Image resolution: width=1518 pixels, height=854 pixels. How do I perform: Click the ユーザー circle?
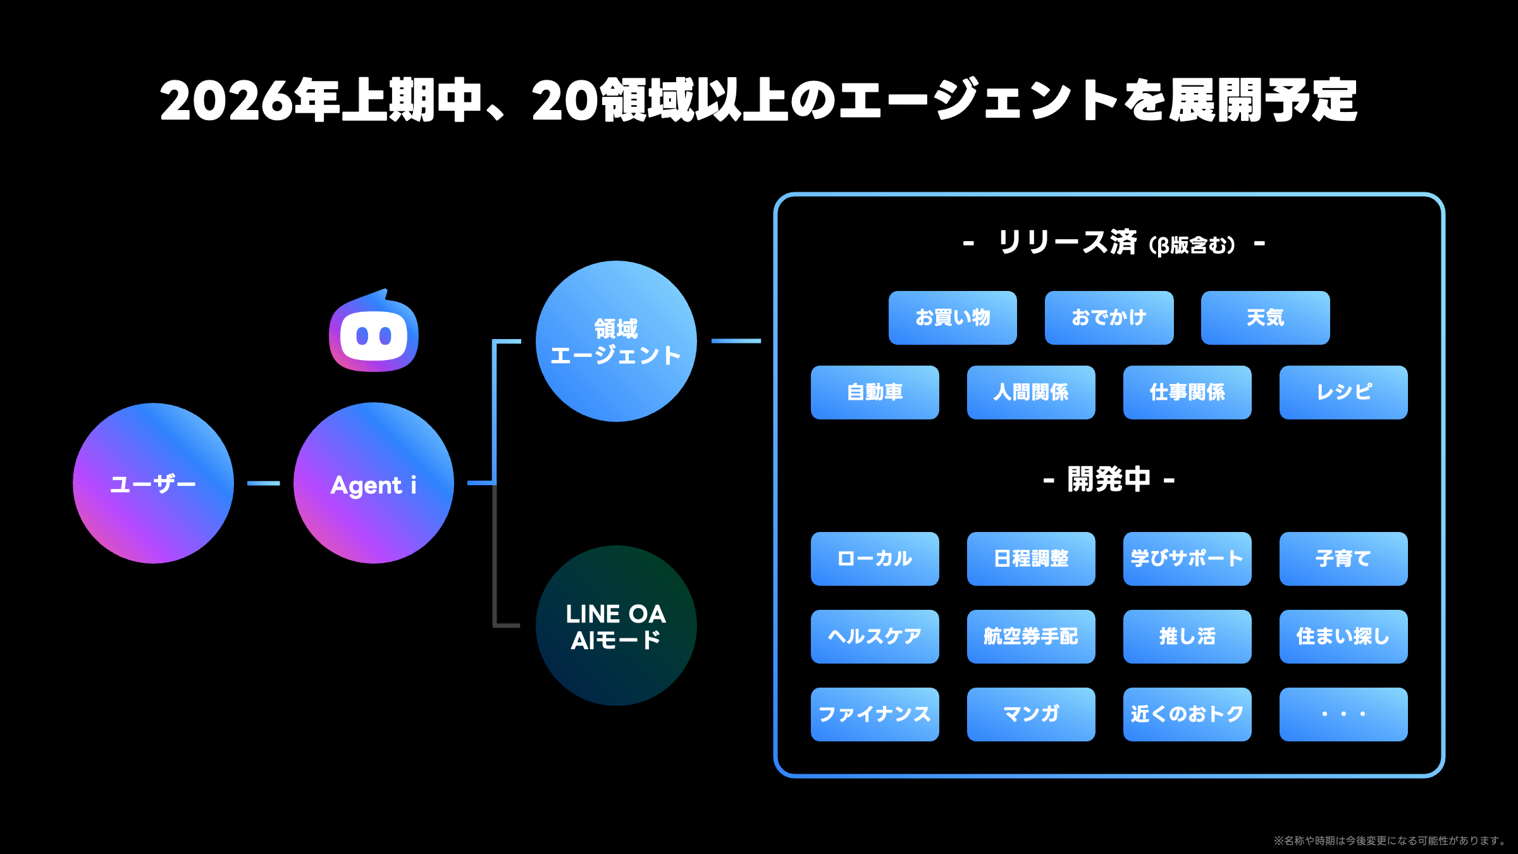pyautogui.click(x=153, y=483)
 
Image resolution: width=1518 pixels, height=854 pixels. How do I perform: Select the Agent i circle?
pyautogui.click(x=373, y=483)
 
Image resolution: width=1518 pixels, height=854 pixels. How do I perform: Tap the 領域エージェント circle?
pyautogui.click(x=616, y=342)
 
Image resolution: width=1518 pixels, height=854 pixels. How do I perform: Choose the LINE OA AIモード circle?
pyautogui.click(x=616, y=626)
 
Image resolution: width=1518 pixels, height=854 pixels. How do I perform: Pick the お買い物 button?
pyautogui.click(x=953, y=318)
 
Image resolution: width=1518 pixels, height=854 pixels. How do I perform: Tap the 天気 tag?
pyautogui.click(x=1265, y=318)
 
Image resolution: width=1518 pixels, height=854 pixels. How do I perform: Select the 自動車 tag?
pyautogui.click(x=875, y=392)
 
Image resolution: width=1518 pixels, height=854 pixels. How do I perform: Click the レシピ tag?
pyautogui.click(x=1343, y=392)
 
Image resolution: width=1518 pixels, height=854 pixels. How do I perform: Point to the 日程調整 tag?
pyautogui.click(x=1031, y=559)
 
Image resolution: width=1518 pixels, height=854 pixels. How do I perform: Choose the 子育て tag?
pyautogui.click(x=1343, y=559)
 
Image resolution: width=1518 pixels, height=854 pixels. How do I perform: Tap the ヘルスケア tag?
pyautogui.click(x=875, y=636)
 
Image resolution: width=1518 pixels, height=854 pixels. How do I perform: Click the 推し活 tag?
pyautogui.click(x=1187, y=636)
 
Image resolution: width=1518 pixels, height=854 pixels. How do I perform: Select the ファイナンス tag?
pyautogui.click(x=875, y=714)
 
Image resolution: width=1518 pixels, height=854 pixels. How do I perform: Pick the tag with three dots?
pyautogui.click(x=1343, y=714)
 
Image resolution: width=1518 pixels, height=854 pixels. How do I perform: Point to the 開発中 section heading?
pyautogui.click(x=1109, y=480)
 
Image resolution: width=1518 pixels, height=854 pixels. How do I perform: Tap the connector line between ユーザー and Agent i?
pyautogui.click(x=263, y=483)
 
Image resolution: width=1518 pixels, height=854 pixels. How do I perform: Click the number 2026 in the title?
pyautogui.click(x=226, y=101)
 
